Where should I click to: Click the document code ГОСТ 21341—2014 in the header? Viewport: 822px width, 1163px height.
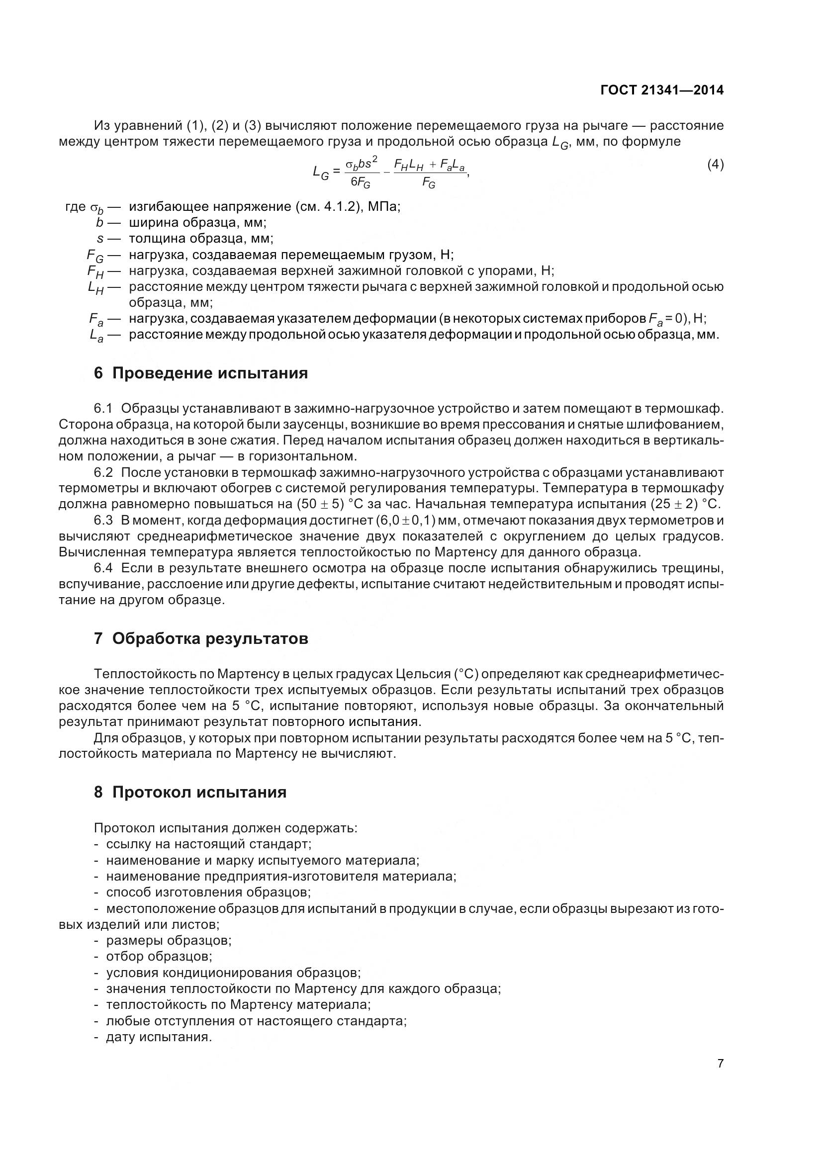(662, 90)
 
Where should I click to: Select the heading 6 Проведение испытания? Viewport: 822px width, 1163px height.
(200, 373)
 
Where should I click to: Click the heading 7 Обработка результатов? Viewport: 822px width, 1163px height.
(200, 639)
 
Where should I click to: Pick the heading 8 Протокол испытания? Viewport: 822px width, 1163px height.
(190, 792)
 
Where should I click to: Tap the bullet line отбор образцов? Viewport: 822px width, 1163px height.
(159, 956)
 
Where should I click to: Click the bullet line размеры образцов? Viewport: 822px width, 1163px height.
(169, 941)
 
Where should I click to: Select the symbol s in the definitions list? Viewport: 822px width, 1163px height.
(100, 239)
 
